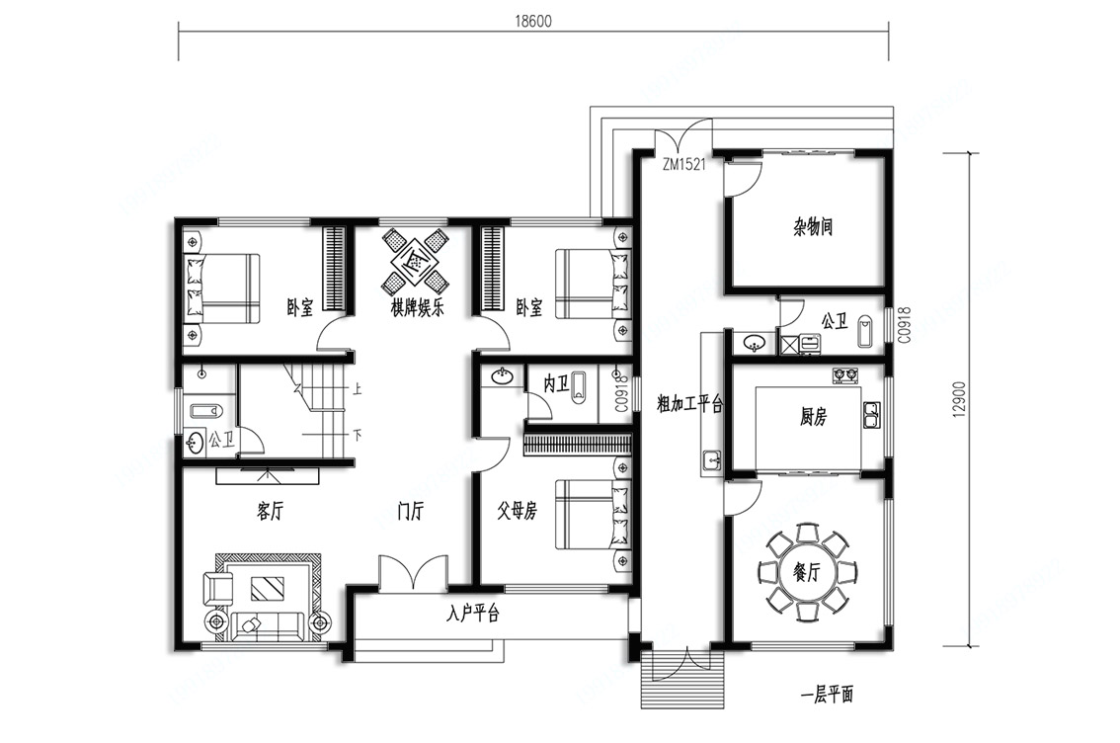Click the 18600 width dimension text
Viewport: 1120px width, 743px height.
click(x=533, y=21)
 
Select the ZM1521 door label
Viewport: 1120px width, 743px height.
click(x=683, y=164)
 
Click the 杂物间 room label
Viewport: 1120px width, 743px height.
click(x=814, y=227)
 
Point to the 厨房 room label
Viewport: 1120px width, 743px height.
click(x=814, y=416)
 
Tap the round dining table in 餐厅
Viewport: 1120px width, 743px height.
click(x=807, y=571)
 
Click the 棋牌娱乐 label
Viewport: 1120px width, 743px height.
click(x=417, y=308)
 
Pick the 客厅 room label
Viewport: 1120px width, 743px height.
click(x=270, y=511)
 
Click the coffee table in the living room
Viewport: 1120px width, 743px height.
click(x=267, y=588)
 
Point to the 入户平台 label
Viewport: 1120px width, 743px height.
click(x=473, y=613)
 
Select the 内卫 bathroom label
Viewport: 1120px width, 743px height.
click(x=556, y=384)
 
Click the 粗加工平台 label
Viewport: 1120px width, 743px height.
click(x=690, y=404)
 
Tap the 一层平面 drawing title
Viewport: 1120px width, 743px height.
click(x=827, y=694)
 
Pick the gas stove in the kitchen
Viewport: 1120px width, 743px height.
click(x=845, y=375)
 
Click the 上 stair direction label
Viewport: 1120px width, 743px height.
click(x=358, y=388)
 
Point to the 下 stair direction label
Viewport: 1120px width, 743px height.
click(x=358, y=434)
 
